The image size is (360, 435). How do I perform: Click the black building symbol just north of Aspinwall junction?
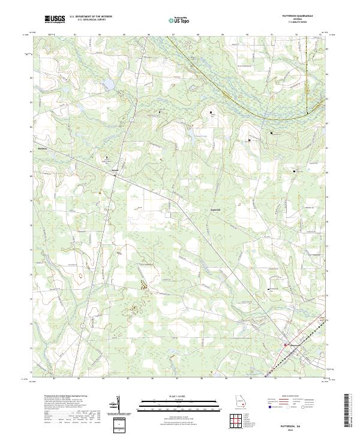click(x=107, y=157)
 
